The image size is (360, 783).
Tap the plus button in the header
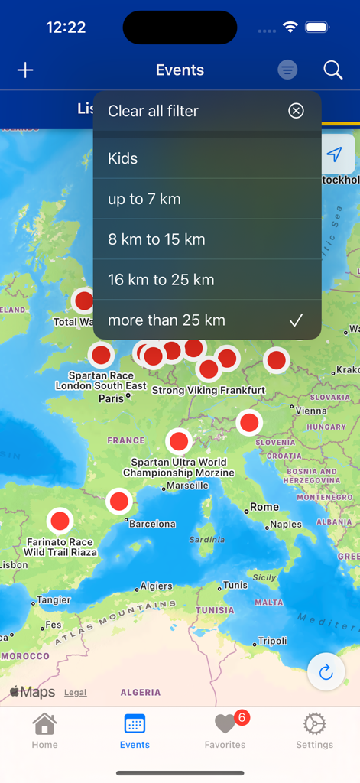(x=25, y=70)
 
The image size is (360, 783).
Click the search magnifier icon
(x=332, y=70)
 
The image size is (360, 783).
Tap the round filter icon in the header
(x=287, y=70)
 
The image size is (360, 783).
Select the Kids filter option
(x=123, y=158)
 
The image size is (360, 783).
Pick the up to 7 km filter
(x=144, y=199)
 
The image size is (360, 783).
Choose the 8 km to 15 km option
(x=157, y=239)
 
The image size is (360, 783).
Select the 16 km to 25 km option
(x=161, y=280)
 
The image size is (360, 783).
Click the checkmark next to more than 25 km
(x=296, y=320)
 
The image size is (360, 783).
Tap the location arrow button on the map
(x=334, y=154)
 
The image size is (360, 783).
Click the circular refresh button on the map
(x=326, y=672)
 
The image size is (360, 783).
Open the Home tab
(x=44, y=730)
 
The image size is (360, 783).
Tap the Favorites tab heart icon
(x=225, y=723)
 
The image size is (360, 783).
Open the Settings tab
(x=314, y=730)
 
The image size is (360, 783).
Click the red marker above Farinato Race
(x=60, y=521)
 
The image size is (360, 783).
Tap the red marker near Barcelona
(x=118, y=502)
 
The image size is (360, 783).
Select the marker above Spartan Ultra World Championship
(x=179, y=441)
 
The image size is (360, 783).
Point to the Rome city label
(x=264, y=507)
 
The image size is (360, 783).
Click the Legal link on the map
(x=75, y=693)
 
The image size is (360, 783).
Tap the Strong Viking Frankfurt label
(x=209, y=390)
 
